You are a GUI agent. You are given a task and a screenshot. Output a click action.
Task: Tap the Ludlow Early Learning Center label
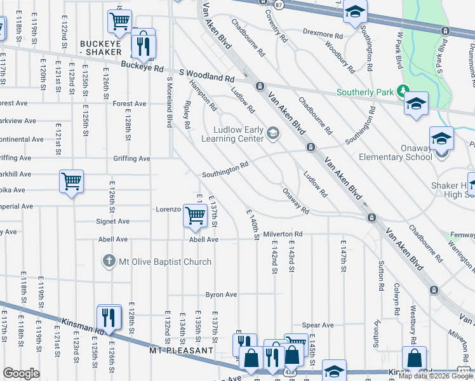[232, 133]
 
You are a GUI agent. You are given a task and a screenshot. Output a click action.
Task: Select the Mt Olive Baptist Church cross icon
[109, 261]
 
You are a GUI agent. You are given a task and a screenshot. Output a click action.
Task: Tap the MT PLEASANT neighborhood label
[181, 351]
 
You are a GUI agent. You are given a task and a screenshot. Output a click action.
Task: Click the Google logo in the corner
[21, 373]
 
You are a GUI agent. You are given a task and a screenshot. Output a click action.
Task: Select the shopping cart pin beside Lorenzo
[195, 216]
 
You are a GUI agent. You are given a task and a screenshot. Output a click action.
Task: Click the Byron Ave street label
[221, 295]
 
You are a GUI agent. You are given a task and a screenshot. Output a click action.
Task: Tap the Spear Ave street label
[318, 325]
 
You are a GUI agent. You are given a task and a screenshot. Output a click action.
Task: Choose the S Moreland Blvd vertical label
[170, 102]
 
